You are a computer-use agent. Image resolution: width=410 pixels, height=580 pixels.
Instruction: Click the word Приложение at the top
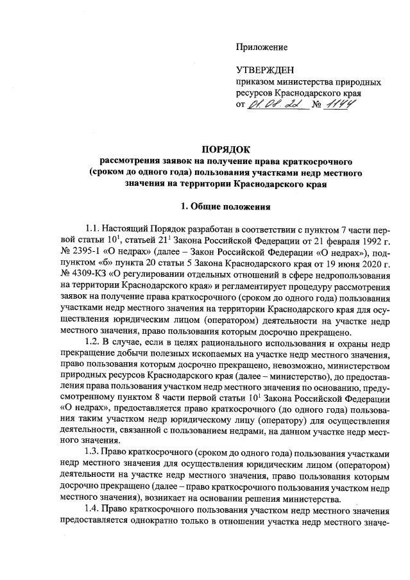tap(262, 47)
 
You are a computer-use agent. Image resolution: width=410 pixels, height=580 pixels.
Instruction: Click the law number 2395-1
tap(94, 253)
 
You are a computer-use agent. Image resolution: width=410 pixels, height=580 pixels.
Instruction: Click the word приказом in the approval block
tap(255, 83)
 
